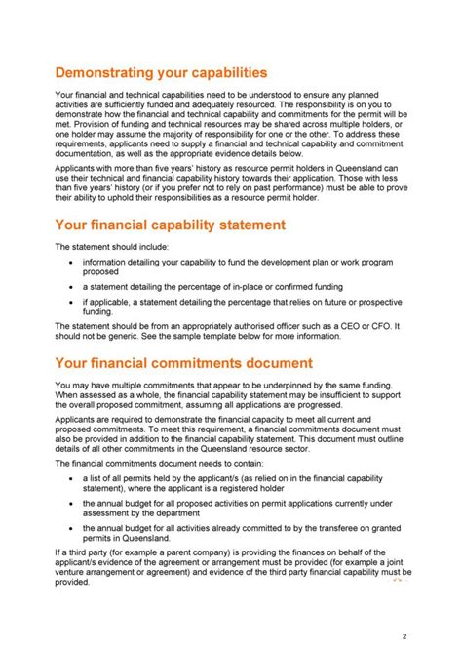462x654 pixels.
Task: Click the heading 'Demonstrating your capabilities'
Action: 161,72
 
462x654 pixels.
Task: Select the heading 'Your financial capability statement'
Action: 170,225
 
